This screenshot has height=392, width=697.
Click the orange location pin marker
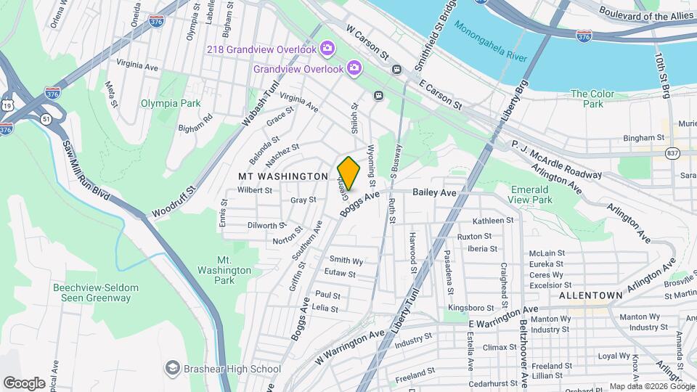click(x=349, y=173)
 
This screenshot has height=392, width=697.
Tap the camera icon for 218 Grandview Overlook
click(x=327, y=49)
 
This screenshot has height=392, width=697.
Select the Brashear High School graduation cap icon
click(x=172, y=369)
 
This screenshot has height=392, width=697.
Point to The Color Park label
click(x=592, y=99)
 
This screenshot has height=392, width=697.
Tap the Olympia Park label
click(x=171, y=103)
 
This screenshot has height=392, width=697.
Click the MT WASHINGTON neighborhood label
click(x=284, y=176)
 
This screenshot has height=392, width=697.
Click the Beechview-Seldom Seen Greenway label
click(x=91, y=293)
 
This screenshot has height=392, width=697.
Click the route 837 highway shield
click(x=672, y=153)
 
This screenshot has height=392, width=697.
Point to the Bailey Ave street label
click(x=434, y=192)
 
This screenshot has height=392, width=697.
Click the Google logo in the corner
click(x=24, y=383)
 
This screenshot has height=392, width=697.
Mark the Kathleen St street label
click(x=493, y=221)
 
